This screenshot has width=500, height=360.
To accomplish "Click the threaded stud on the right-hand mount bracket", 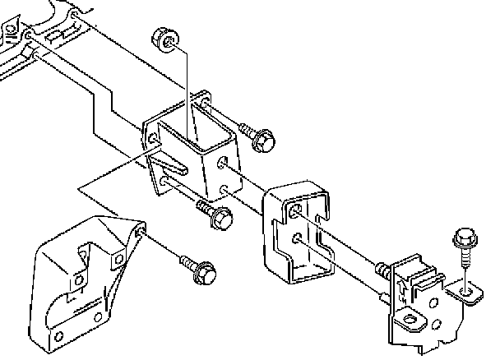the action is (382, 269).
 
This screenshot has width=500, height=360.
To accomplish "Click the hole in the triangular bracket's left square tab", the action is (80, 280).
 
